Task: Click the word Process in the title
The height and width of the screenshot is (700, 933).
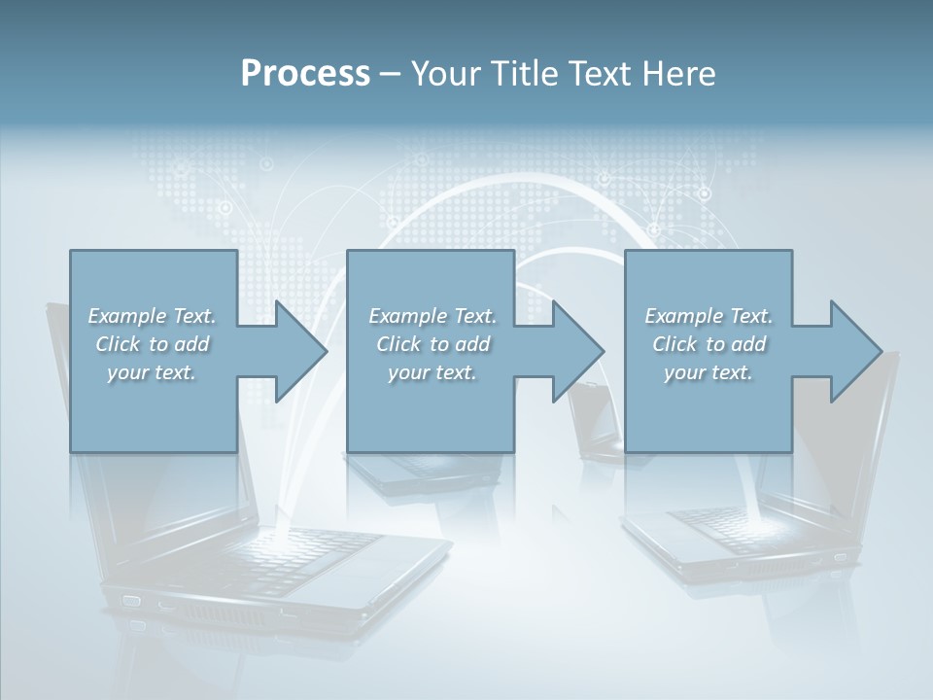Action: pyautogui.click(x=305, y=74)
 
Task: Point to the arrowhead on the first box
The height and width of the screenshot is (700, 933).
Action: pyautogui.click(x=295, y=351)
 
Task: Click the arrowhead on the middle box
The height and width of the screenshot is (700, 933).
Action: pyautogui.click(x=572, y=351)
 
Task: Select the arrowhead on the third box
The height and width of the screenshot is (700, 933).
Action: pyautogui.click(x=850, y=351)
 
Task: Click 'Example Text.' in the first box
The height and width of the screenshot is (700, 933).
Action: pyautogui.click(x=152, y=316)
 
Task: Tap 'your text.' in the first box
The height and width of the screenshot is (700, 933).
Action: pyautogui.click(x=152, y=372)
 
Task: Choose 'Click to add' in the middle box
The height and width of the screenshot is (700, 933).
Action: pyautogui.click(x=432, y=344)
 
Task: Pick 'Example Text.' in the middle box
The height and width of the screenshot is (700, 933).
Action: pyautogui.click(x=432, y=316)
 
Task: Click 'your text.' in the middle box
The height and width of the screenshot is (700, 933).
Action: pyautogui.click(x=432, y=372)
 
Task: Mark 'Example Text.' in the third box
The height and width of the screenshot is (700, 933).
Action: pyautogui.click(x=708, y=316)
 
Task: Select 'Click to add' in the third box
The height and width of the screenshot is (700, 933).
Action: pyautogui.click(x=708, y=344)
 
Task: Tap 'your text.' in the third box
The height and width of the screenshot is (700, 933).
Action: pyautogui.click(x=708, y=372)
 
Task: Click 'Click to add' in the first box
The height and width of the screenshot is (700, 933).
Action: pyautogui.click(x=152, y=344)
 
